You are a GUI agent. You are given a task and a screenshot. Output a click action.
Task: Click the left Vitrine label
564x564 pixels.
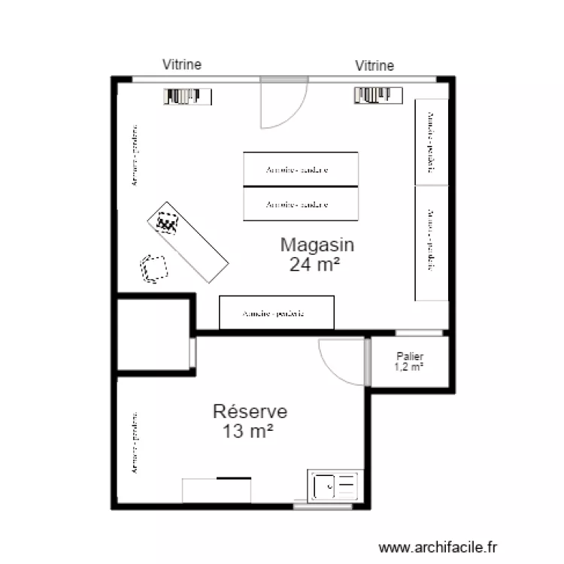(x=182, y=65)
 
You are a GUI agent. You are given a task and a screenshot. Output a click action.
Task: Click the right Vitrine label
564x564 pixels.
(x=374, y=66)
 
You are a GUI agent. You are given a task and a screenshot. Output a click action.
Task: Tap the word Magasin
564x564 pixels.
(x=317, y=244)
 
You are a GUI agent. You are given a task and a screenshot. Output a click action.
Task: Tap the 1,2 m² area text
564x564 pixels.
(x=409, y=367)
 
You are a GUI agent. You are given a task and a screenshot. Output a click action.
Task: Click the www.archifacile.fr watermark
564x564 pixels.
(x=438, y=548)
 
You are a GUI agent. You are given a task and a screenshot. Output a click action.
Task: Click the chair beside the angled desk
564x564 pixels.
(x=153, y=268)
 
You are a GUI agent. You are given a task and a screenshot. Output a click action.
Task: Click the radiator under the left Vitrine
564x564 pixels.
(x=188, y=96)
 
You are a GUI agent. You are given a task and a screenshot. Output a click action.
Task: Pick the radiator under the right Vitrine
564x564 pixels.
(x=378, y=95)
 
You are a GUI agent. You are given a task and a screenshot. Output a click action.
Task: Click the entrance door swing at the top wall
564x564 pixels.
(x=284, y=103)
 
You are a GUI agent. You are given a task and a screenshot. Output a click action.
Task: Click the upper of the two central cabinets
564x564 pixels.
(x=300, y=169)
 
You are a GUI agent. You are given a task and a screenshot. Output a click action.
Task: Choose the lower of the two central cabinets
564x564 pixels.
(x=300, y=204)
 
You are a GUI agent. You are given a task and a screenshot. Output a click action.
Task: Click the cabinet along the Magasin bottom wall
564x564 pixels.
(x=276, y=313)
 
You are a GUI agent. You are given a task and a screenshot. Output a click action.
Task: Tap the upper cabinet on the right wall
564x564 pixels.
(x=432, y=142)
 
